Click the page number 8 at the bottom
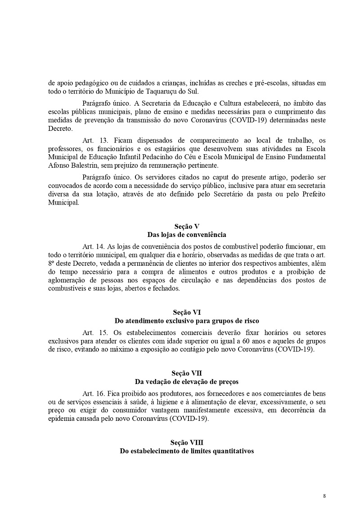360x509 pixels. (324, 496)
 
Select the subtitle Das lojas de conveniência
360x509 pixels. (186, 235)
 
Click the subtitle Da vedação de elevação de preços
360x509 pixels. (186, 381)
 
